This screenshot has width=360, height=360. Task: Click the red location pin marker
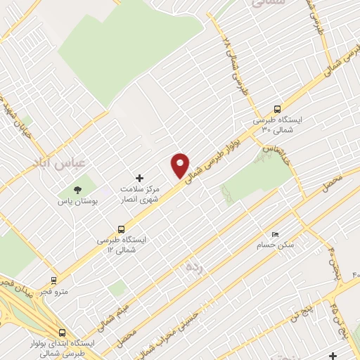coord(180,165)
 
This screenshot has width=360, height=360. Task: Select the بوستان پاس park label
coord(78,201)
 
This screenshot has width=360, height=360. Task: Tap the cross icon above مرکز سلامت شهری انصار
coord(139,179)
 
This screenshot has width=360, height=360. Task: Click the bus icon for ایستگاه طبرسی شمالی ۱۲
coord(122,229)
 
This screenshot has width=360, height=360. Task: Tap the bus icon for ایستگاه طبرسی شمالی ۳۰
coord(277,109)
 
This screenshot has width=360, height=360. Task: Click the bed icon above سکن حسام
coord(275,235)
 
